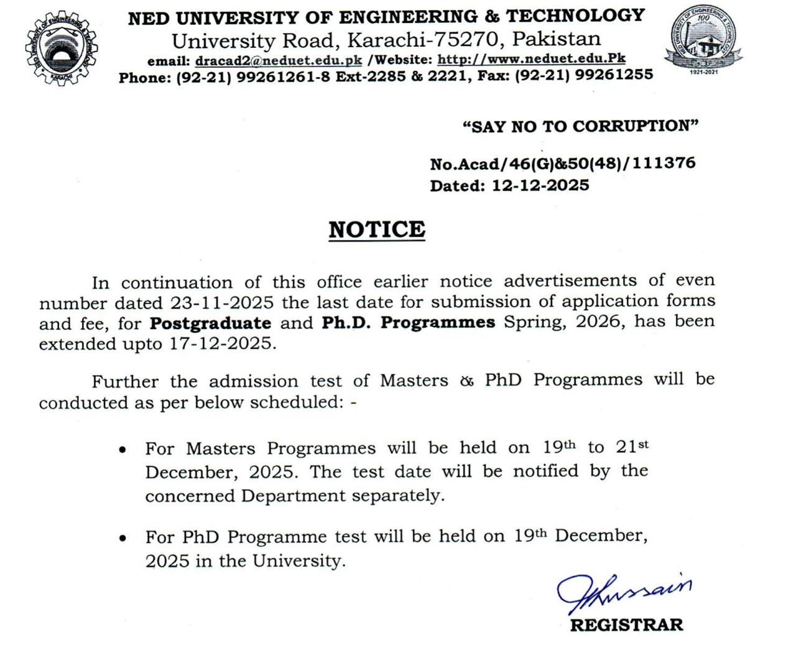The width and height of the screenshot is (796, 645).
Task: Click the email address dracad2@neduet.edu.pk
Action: (279, 61)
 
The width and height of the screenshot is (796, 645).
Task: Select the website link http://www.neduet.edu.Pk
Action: (531, 59)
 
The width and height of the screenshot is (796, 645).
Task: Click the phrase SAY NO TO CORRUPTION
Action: (580, 126)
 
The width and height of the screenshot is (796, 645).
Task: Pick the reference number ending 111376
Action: (664, 163)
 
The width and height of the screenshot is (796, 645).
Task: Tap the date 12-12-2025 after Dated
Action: (540, 185)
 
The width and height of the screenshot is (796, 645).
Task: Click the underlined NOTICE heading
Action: (377, 230)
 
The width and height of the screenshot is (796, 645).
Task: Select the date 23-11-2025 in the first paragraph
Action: (222, 303)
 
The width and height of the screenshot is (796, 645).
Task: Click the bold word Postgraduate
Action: (211, 323)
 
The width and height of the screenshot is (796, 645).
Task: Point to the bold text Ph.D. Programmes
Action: (408, 322)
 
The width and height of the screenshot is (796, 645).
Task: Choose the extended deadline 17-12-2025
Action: (222, 343)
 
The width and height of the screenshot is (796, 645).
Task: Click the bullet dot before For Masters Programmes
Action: (123, 449)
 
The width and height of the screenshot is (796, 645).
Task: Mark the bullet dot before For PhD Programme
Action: (123, 537)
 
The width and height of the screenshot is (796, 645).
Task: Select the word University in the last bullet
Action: (298, 561)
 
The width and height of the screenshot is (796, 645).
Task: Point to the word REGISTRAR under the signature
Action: (626, 624)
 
